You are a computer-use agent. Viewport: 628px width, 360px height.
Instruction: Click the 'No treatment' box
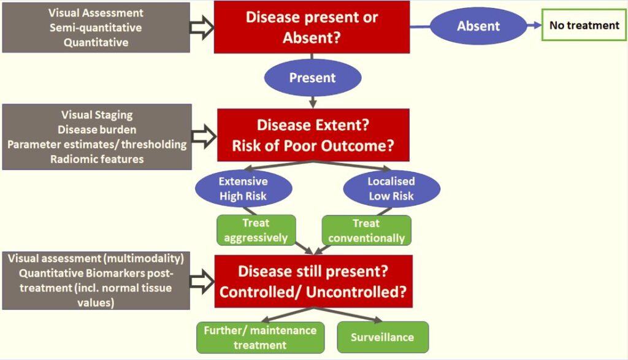(584, 25)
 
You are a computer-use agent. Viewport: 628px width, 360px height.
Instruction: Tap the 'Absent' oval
(478, 26)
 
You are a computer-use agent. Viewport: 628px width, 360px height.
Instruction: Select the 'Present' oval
(312, 78)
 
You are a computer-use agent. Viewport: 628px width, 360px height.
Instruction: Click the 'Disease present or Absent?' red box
(312, 27)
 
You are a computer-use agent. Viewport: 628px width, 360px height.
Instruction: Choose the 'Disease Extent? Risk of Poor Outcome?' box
(313, 135)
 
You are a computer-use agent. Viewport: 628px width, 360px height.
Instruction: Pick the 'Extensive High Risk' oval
(243, 189)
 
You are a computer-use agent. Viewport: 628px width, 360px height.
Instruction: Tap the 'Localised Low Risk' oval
(391, 189)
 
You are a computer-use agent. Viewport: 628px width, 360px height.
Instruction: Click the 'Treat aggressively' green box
(256, 230)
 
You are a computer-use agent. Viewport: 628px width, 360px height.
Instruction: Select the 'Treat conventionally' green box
(367, 230)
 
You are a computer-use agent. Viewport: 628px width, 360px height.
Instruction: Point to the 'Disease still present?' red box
(313, 281)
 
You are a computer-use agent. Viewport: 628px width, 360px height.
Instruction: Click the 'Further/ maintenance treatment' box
(260, 337)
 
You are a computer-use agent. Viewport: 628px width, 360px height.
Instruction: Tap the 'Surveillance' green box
(383, 337)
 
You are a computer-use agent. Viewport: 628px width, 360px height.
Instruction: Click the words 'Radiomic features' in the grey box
(97, 159)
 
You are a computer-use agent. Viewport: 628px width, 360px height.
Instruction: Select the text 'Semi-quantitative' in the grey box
(96, 28)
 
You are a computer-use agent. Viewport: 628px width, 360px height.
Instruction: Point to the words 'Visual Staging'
(97, 115)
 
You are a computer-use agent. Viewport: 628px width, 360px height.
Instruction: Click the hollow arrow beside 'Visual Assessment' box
(202, 27)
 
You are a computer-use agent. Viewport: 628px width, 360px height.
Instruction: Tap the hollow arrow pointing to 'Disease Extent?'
(204, 136)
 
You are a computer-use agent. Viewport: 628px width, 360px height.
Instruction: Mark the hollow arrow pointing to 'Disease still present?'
(202, 281)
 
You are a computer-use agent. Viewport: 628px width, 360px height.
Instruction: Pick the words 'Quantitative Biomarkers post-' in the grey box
(96, 273)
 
